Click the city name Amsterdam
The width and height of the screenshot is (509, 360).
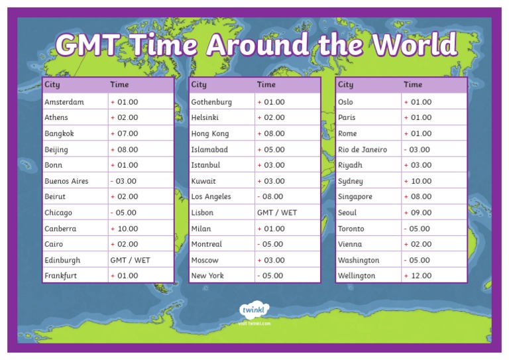[x=64, y=102]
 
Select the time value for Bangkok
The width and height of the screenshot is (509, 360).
[x=125, y=133]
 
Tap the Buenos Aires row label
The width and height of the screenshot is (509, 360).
[x=66, y=181]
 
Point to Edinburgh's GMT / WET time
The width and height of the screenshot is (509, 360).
[x=130, y=261]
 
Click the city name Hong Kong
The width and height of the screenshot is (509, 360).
[x=210, y=133]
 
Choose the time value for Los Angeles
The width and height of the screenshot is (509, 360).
[x=270, y=197]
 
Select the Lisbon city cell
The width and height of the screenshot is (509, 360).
[x=202, y=213]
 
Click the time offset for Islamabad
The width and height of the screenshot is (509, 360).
[x=271, y=150]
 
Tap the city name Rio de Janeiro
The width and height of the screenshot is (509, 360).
[x=363, y=150]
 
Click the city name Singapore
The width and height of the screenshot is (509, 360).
[x=355, y=197]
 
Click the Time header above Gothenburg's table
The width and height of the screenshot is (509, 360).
[x=266, y=85]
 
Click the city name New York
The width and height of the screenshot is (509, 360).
[x=207, y=276]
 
